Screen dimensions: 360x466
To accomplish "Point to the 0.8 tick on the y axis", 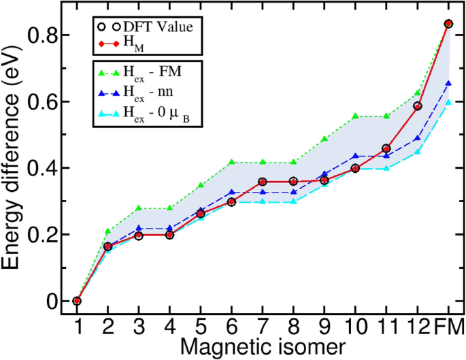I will (50, 35).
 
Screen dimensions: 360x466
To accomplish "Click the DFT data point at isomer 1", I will (77, 301).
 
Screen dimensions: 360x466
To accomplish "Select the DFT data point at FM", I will (448, 23).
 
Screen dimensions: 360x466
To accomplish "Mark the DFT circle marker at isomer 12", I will (418, 105).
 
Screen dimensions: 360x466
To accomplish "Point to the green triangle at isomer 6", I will (232, 162).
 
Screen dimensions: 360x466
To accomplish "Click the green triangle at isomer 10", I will (355, 116).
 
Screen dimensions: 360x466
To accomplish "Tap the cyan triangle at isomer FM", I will (448, 102).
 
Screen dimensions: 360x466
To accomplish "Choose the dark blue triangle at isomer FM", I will (448, 83).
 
